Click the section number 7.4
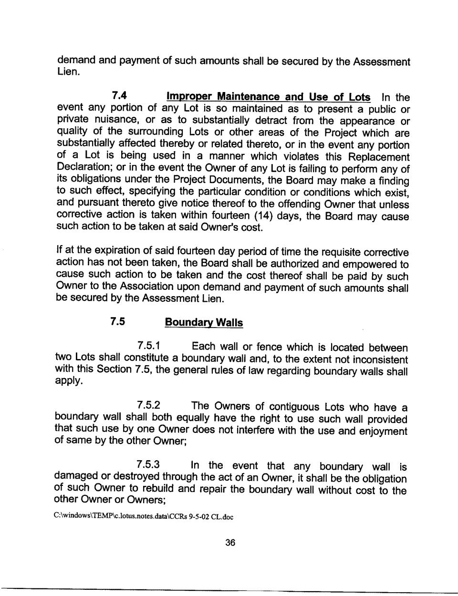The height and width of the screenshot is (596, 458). click(118, 95)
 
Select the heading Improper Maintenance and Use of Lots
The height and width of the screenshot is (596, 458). click(268, 97)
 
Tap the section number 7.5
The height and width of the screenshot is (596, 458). click(117, 321)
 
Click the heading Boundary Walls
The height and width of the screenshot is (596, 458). click(204, 323)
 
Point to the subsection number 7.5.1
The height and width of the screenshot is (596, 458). click(148, 346)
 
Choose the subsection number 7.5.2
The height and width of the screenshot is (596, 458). click(148, 406)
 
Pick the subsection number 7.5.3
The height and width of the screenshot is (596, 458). click(148, 465)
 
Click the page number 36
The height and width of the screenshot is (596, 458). click(230, 543)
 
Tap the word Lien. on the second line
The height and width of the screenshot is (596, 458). click(68, 72)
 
